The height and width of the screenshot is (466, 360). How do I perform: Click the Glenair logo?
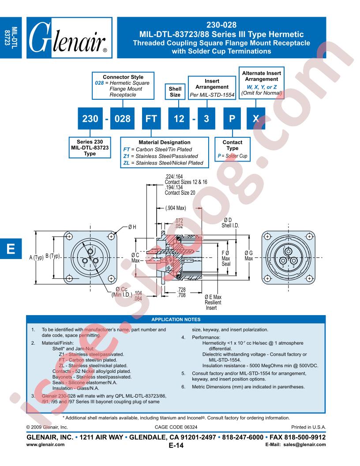coord(69,38)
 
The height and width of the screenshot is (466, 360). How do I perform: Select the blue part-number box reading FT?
coord(151,119)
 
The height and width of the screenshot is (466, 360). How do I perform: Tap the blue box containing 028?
coord(122,119)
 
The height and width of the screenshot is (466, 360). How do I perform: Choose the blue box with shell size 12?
coord(179,119)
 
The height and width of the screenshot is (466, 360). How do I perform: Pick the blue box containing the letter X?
coord(256,119)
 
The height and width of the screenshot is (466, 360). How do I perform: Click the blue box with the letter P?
coord(232,119)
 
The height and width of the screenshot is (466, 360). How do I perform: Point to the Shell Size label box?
coord(175,91)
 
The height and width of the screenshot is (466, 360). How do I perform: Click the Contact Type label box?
coord(232,149)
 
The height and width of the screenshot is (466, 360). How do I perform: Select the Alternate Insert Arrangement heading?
coord(261,76)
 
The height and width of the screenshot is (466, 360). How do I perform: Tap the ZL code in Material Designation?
coord(126,163)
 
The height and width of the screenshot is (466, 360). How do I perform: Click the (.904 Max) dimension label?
coord(176,208)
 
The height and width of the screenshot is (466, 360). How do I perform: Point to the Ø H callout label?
coord(132,227)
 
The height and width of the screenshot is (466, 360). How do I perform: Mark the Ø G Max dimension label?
coord(249,256)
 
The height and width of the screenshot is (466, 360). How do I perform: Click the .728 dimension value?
coord(181,289)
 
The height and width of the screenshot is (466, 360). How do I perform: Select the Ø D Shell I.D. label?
coord(230,222)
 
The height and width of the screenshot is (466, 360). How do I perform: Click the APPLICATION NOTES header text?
coord(176,319)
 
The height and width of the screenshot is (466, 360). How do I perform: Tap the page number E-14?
coord(176,445)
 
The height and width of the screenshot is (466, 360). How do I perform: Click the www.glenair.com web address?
coord(45,445)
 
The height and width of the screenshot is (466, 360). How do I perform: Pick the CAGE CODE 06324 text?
coord(176,427)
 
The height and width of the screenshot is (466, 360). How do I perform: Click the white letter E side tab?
coord(11,248)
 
